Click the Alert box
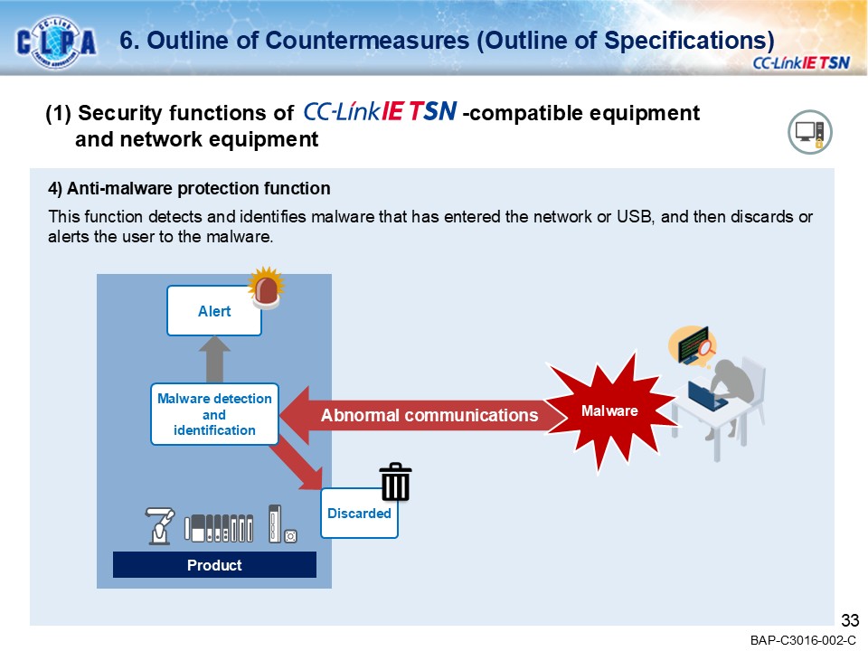tap(214, 311)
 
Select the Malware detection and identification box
tap(214, 414)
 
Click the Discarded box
tap(359, 513)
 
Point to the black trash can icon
tap(395, 482)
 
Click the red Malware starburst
tap(609, 411)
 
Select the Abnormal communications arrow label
tap(429, 415)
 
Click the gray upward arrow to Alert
tap(214, 359)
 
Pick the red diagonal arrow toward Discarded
tap(301, 462)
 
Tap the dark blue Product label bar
tap(214, 565)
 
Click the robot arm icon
tap(160, 526)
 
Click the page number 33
tap(849, 620)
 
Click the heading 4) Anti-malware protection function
tap(189, 189)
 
